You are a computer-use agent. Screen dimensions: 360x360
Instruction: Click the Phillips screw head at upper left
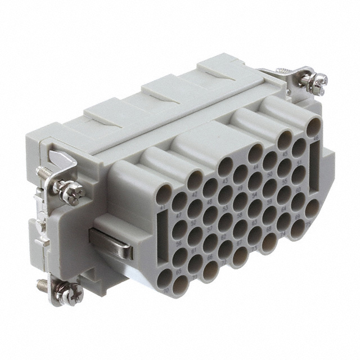74,192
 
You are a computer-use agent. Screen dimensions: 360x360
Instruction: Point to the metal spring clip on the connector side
112,242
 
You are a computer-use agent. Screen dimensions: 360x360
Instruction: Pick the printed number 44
256,167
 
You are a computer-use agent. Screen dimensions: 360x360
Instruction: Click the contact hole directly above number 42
195,180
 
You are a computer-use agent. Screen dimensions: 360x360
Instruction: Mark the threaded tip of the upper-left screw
43,171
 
